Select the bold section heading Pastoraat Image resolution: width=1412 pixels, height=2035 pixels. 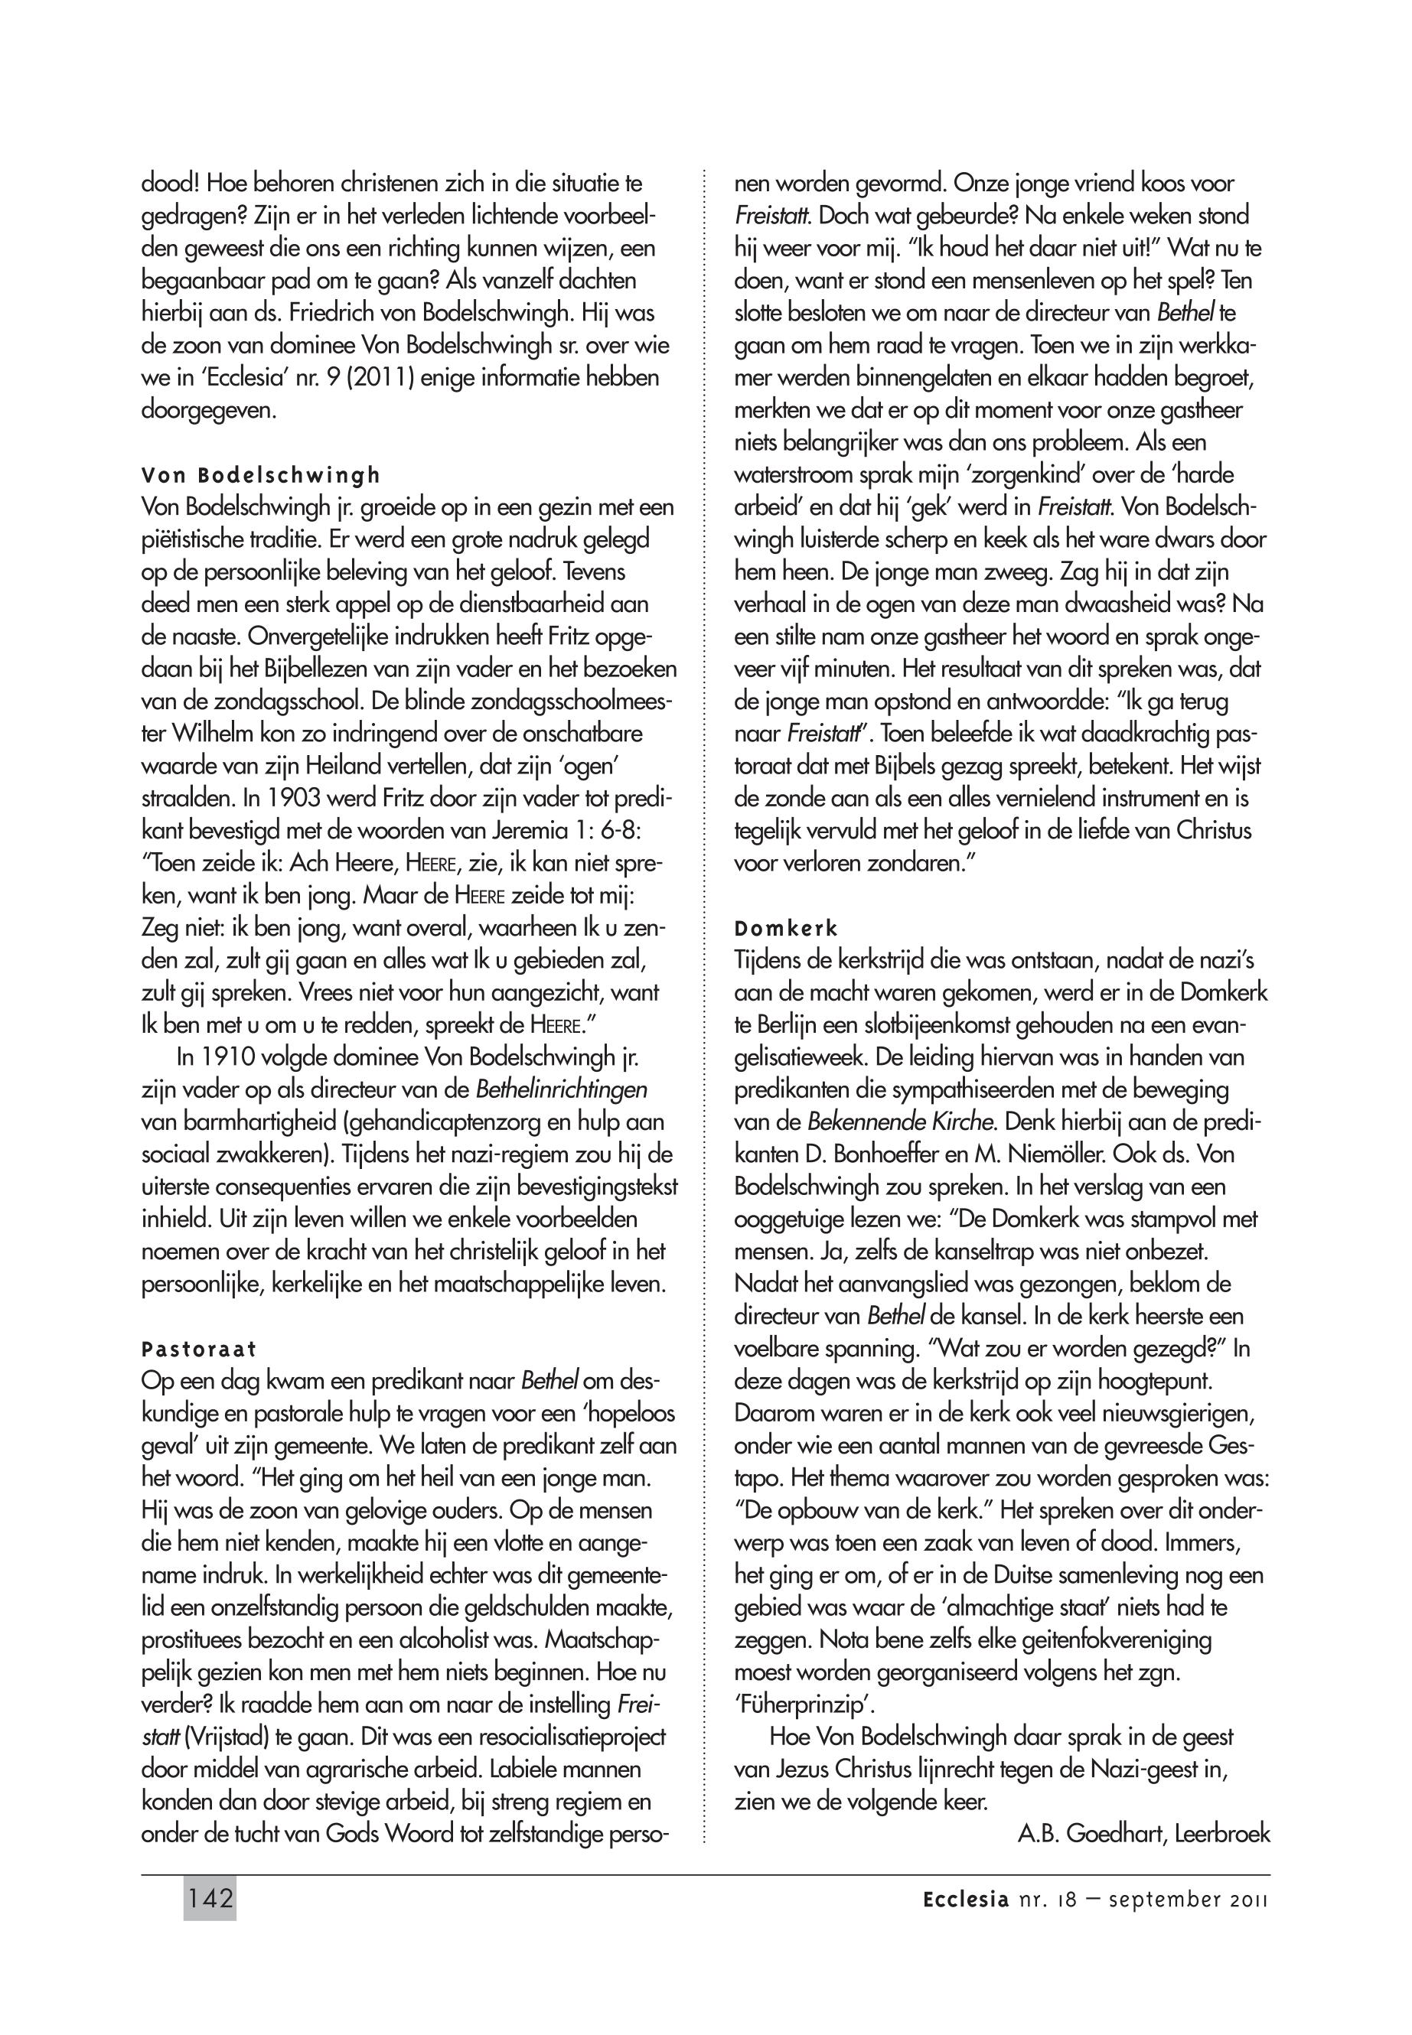tap(198, 1349)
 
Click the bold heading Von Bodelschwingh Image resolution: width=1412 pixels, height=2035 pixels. tap(261, 475)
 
